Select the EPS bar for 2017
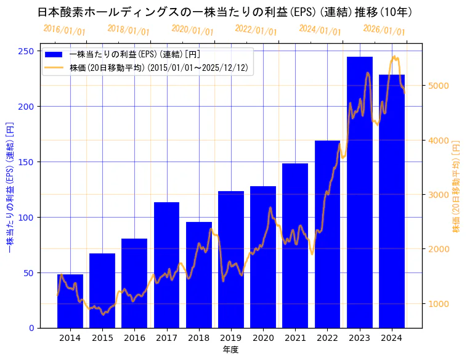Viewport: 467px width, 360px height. pos(166,265)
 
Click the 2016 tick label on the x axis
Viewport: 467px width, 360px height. pos(134,338)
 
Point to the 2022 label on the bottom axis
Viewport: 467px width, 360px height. pos(327,338)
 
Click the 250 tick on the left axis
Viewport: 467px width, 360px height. pos(26,51)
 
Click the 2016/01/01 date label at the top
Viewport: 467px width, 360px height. pos(65,30)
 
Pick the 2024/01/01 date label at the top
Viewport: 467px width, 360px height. pos(320,30)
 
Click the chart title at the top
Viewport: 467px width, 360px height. pos(225,12)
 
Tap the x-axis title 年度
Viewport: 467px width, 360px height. pos(231,350)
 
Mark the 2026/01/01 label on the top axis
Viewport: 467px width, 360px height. pos(384,30)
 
